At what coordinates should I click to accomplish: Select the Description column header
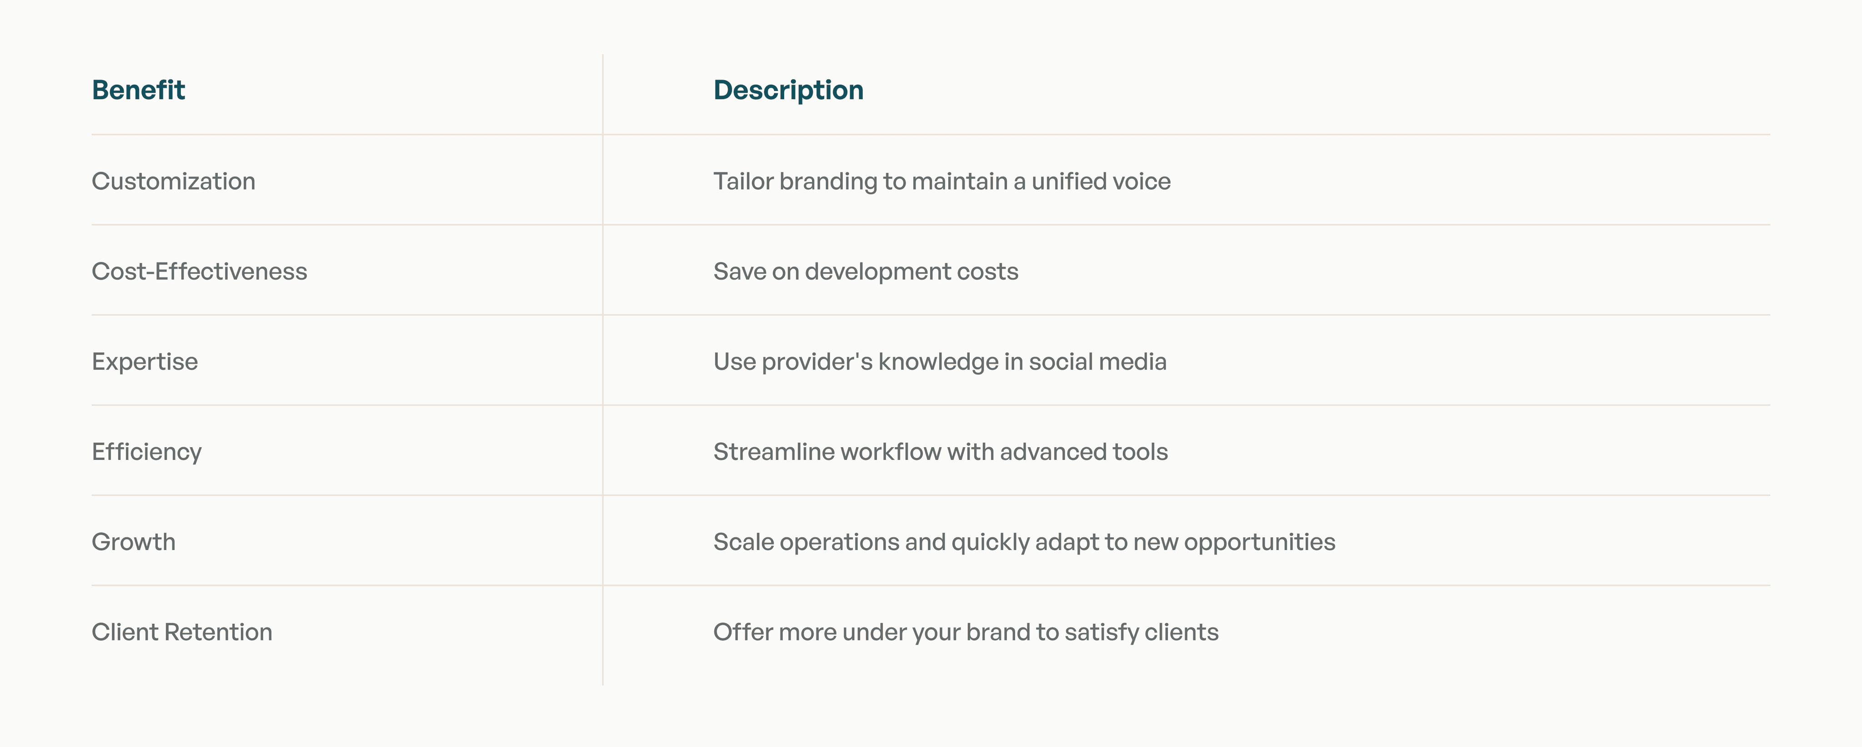click(x=788, y=91)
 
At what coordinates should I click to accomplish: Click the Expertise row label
click(x=145, y=362)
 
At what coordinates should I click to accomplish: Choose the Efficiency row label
click(x=147, y=452)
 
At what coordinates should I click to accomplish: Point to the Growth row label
click(x=134, y=542)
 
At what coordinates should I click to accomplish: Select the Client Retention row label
click(x=182, y=632)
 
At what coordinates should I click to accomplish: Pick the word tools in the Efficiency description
click(x=1141, y=452)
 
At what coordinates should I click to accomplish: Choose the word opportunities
click(x=1260, y=542)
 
